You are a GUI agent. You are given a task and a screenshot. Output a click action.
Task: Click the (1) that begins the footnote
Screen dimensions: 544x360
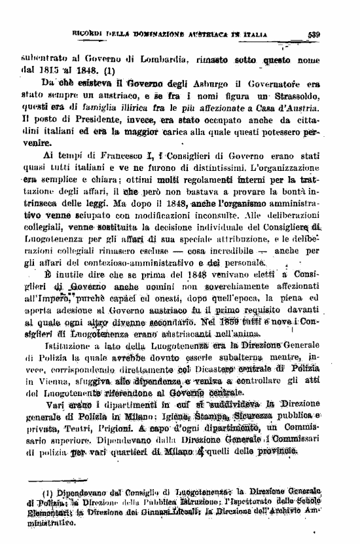[x=47, y=491]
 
